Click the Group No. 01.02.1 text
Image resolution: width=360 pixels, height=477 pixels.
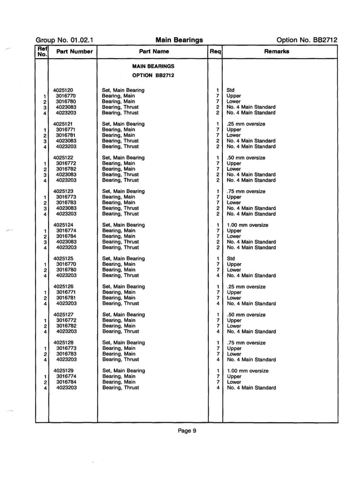[x=64, y=40]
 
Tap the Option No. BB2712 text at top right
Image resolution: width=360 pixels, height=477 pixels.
[x=307, y=40]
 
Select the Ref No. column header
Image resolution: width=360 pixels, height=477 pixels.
[x=41, y=51]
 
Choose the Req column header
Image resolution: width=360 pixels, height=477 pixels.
[x=215, y=51]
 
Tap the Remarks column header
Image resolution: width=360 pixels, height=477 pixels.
[x=276, y=51]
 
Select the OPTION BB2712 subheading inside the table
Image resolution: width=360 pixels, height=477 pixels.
[x=153, y=76]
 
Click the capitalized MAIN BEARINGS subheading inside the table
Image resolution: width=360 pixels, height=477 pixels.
[x=153, y=66]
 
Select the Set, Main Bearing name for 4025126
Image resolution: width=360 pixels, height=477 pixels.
[x=123, y=287]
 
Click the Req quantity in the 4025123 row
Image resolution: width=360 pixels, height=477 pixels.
[x=217, y=191]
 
